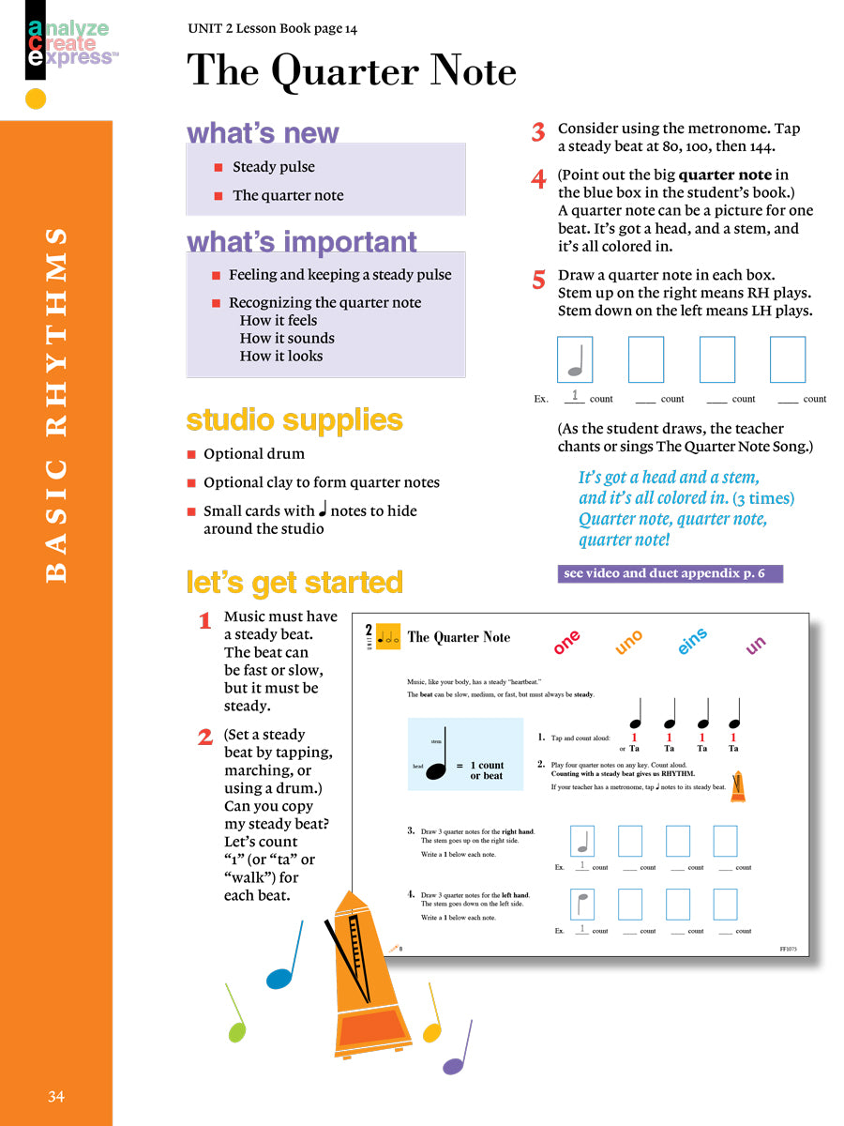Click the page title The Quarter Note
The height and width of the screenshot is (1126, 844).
352,72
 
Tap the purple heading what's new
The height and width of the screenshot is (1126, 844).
263,133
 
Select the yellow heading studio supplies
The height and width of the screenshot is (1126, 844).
294,419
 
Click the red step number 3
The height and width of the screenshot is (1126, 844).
538,133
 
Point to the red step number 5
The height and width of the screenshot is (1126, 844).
538,280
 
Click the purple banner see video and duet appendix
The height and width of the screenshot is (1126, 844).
670,573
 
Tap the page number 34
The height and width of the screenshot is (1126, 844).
56,1096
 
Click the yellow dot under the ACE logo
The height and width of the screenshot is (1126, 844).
36,99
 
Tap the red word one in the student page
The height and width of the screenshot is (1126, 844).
567,643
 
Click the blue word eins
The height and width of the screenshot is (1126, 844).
692,643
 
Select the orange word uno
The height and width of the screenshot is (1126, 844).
629,643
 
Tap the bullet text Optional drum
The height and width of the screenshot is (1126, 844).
253,454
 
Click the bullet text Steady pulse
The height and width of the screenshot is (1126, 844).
273,167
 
